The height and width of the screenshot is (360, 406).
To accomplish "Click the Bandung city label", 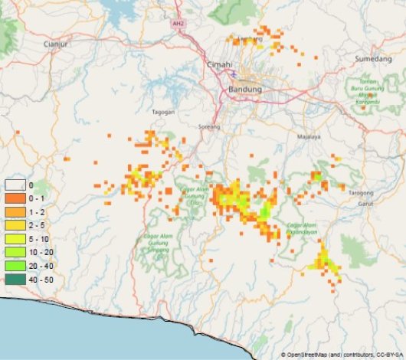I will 245,90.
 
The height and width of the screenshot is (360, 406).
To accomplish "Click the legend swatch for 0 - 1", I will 15,198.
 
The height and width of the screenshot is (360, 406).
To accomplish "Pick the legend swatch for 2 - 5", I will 15,225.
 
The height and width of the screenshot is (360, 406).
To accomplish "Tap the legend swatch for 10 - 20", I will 15,252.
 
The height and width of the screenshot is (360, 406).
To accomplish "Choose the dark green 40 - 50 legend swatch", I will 15,279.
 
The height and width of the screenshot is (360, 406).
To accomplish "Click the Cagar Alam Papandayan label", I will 303,228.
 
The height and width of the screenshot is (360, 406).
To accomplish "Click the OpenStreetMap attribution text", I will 342,355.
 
